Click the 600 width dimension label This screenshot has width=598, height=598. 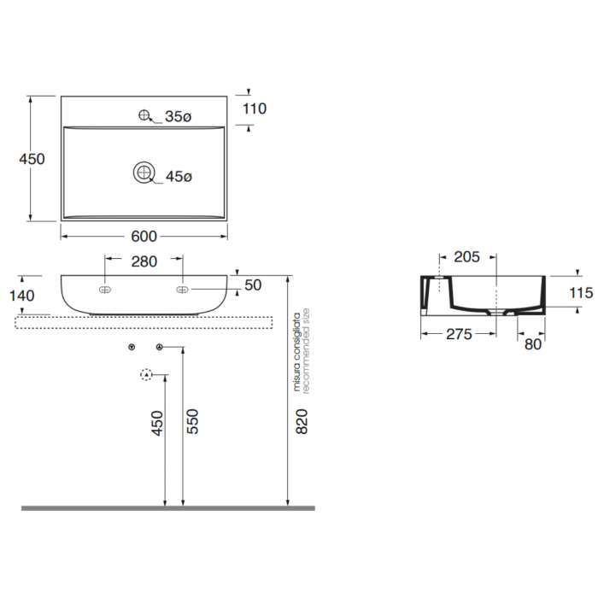[x=144, y=237]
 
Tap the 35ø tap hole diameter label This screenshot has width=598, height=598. [x=178, y=117]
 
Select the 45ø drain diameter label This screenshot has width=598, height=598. [x=179, y=176]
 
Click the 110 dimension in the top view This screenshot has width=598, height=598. [x=255, y=108]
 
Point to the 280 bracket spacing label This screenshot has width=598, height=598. [x=144, y=261]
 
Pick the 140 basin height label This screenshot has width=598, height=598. [x=21, y=296]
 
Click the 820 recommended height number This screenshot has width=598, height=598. [x=302, y=421]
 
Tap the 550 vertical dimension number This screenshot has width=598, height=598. [x=193, y=421]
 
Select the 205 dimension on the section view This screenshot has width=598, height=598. [x=466, y=257]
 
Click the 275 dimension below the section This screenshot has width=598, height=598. [x=460, y=335]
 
